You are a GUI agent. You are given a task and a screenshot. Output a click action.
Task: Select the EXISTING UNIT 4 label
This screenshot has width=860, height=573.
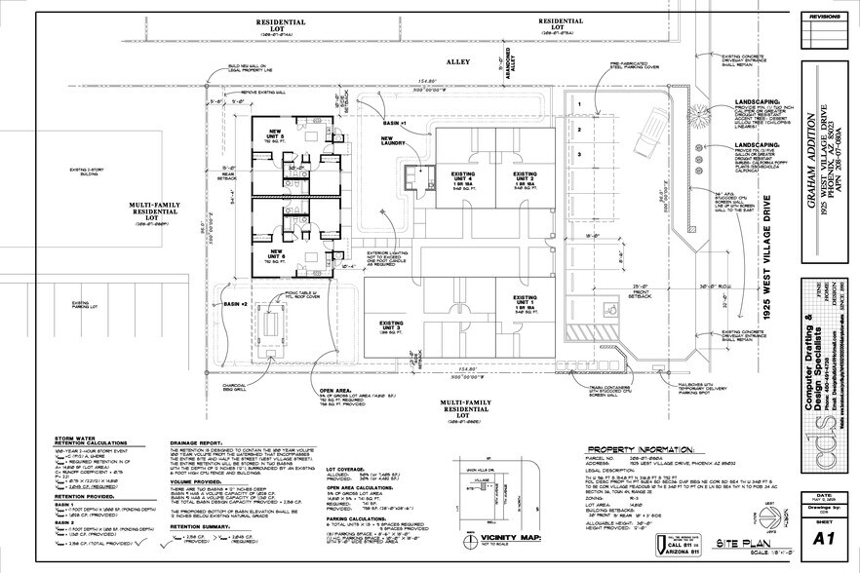[x=462, y=179]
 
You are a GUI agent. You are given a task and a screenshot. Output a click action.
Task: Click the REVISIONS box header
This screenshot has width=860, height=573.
[x=824, y=17]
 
